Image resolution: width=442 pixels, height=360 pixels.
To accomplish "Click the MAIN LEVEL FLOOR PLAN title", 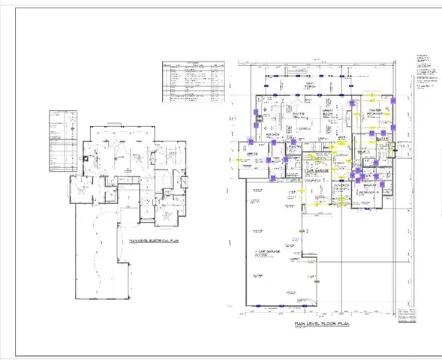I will point(323,323).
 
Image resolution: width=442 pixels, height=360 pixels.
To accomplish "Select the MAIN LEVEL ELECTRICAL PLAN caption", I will point(158,241).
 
